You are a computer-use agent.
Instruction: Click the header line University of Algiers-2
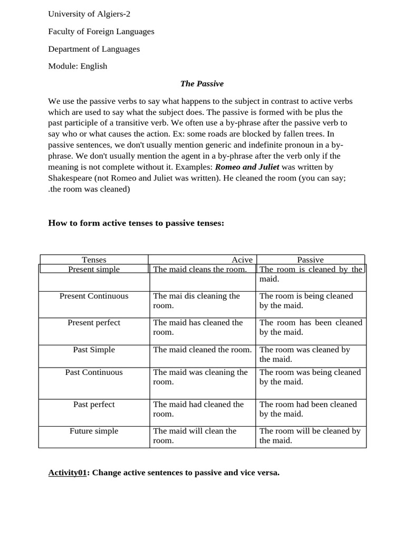pyautogui.click(x=89, y=14)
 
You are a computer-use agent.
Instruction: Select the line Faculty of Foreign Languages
pyautogui.click(x=101, y=31)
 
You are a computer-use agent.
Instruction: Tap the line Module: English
pyautogui.click(x=78, y=66)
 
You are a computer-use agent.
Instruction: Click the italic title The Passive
pyautogui.click(x=202, y=83)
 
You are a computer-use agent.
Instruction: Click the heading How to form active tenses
pyautogui.click(x=136, y=223)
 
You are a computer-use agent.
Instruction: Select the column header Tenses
pyautogui.click(x=94, y=259)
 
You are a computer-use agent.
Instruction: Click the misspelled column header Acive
pyautogui.click(x=242, y=259)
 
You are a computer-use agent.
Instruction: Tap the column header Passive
pyautogui.click(x=310, y=259)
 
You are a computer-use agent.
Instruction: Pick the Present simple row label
pyautogui.click(x=94, y=269)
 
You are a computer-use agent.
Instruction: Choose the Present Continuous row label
pyautogui.click(x=94, y=296)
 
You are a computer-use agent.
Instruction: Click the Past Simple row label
pyautogui.click(x=94, y=350)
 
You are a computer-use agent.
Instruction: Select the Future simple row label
pyautogui.click(x=94, y=431)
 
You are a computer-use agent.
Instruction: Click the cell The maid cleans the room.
pyautogui.click(x=200, y=269)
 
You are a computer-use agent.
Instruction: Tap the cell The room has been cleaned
pyautogui.click(x=311, y=327)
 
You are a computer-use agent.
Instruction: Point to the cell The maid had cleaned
pyautogui.click(x=198, y=409)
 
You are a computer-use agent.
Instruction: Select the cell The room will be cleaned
pyautogui.click(x=310, y=435)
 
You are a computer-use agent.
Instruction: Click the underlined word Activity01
pyautogui.click(x=67, y=472)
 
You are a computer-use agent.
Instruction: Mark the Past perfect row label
pyautogui.click(x=94, y=404)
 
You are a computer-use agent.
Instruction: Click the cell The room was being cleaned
pyautogui.click(x=310, y=377)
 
